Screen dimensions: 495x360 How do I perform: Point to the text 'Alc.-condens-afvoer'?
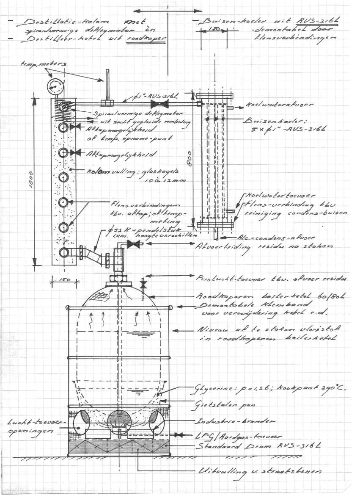[x=271, y=239]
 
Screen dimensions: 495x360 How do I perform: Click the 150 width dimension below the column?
[x=63, y=280]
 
